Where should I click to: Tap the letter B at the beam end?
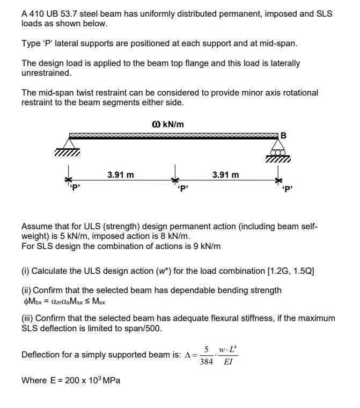284,135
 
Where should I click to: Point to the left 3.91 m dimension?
120,174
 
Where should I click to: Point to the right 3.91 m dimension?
226,174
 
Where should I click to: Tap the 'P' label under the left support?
75,187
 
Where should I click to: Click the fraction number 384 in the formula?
207,362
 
